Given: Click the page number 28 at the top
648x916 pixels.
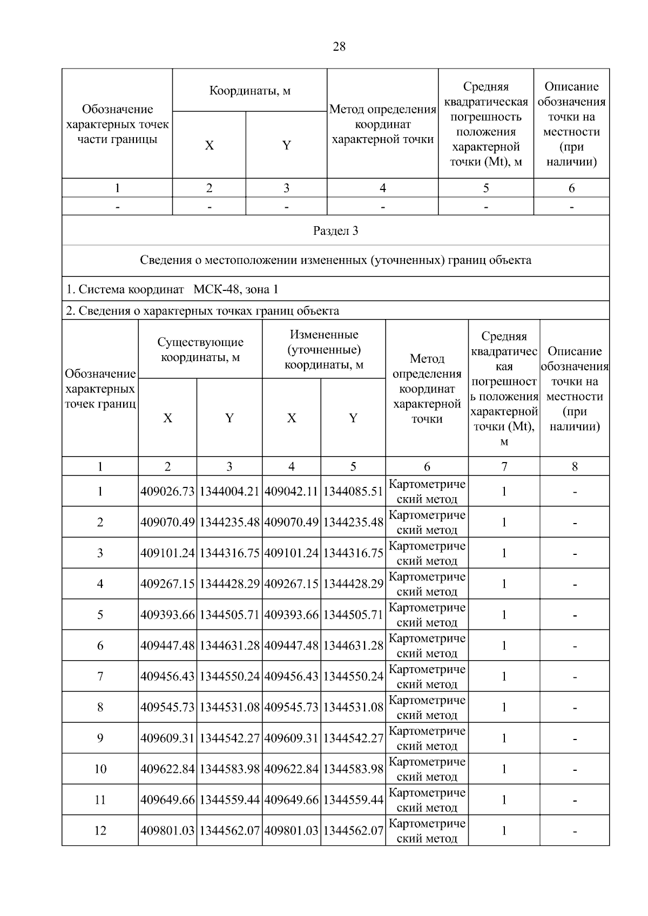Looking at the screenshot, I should (339, 46).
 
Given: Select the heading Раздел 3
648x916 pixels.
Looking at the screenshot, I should (335, 231).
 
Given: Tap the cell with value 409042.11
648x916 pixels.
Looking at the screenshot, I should (291, 491).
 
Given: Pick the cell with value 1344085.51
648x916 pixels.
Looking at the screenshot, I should (353, 491).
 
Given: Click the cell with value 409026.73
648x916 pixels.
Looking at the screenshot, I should (167, 491).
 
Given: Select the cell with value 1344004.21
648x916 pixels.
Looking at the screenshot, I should (230, 491).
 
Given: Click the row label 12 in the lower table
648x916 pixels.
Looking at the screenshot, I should (100, 830).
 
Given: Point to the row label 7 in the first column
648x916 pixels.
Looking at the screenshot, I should (100, 676).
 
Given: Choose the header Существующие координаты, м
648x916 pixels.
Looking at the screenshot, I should (200, 349).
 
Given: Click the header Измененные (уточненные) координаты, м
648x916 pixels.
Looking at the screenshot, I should (323, 349).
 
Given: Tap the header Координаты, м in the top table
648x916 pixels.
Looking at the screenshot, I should (249, 91).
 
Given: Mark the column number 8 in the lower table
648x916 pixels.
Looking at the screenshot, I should (575, 466).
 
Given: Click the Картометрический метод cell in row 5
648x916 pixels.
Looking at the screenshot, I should (427, 615).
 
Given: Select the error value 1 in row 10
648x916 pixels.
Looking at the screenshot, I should (504, 769).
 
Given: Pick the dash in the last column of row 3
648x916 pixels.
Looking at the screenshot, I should (575, 553).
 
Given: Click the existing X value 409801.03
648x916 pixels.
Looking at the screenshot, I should (167, 830).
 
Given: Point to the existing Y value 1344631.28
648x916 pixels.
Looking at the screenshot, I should (230, 646).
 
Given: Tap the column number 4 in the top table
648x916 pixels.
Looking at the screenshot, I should (382, 188).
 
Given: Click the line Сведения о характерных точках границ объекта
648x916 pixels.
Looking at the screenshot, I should (202, 311).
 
